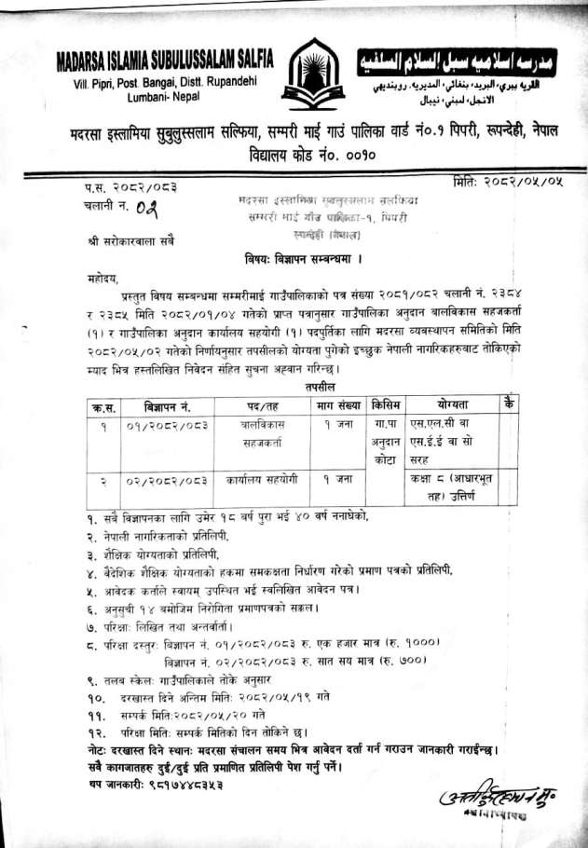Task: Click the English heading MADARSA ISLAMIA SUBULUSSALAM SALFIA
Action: pos(165,61)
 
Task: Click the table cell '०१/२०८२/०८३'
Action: pos(166,427)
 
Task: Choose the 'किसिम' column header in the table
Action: pos(386,405)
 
